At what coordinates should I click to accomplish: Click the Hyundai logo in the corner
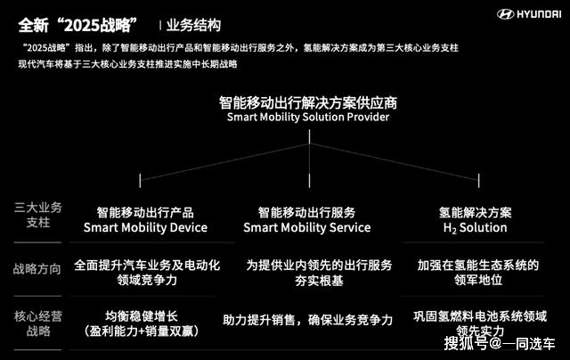[x=529, y=14]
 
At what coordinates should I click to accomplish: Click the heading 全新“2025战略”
[x=77, y=26]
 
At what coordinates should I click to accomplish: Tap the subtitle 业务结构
[x=193, y=26]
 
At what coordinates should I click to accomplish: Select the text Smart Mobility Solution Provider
[x=308, y=117]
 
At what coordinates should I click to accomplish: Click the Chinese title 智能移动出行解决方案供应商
[x=308, y=102]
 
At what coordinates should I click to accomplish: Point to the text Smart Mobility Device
[x=145, y=227]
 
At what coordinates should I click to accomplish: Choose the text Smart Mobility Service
[x=307, y=227]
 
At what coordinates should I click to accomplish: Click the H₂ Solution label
[x=475, y=228]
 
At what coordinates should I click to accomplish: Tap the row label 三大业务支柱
[x=38, y=215]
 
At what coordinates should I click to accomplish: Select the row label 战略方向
[x=37, y=269]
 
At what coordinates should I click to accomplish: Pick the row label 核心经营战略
[x=38, y=323]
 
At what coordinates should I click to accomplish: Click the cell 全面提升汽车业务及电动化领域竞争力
[x=147, y=273]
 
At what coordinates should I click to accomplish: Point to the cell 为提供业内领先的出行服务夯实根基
[x=319, y=273]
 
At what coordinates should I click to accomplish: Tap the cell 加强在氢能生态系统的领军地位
[x=478, y=273]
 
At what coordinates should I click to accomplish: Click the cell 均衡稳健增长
[x=142, y=316]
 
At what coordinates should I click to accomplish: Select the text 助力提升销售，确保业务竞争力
[x=308, y=320]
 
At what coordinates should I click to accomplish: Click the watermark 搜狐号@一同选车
[x=500, y=344]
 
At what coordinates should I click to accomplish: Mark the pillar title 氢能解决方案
[x=475, y=213]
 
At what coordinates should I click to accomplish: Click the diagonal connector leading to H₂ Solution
[x=394, y=162]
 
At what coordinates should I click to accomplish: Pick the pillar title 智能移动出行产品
[x=145, y=213]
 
